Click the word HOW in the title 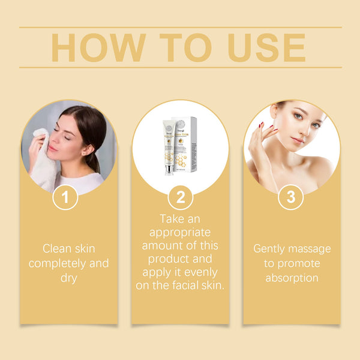point(97,47)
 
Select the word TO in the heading point(179,47)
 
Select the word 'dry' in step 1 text point(69,278)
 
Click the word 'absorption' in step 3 point(291,278)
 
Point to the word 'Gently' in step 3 point(270,248)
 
